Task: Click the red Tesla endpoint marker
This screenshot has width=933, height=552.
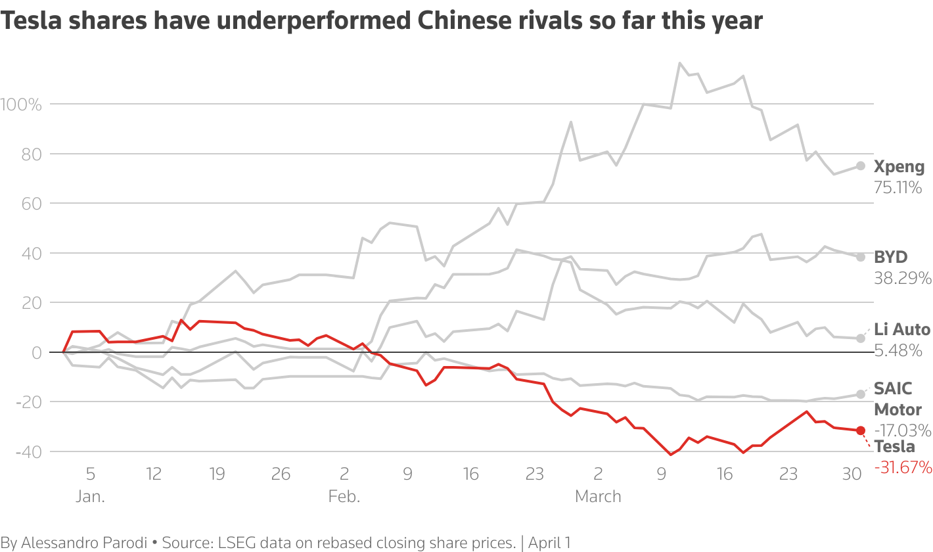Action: pos(861,430)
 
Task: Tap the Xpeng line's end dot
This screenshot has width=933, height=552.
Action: pos(861,166)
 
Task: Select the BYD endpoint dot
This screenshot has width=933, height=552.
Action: pos(861,257)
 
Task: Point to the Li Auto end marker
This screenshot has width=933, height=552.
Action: pos(861,338)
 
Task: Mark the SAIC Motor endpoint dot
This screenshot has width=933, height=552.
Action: pos(861,394)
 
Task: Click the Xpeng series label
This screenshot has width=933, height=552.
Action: pos(899,167)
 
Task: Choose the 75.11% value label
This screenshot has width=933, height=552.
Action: pos(898,187)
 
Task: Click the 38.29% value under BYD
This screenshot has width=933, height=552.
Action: pos(902,278)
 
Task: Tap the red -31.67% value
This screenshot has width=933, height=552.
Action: pos(903,467)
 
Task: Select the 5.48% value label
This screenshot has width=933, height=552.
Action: pos(898,351)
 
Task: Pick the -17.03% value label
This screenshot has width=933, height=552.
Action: pos(902,430)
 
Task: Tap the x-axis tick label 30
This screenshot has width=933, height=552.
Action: pos(852,474)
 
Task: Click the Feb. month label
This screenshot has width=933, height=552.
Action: pos(344,496)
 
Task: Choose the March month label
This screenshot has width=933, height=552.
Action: pos(598,496)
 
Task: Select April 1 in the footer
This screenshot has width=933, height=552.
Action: pos(549,543)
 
